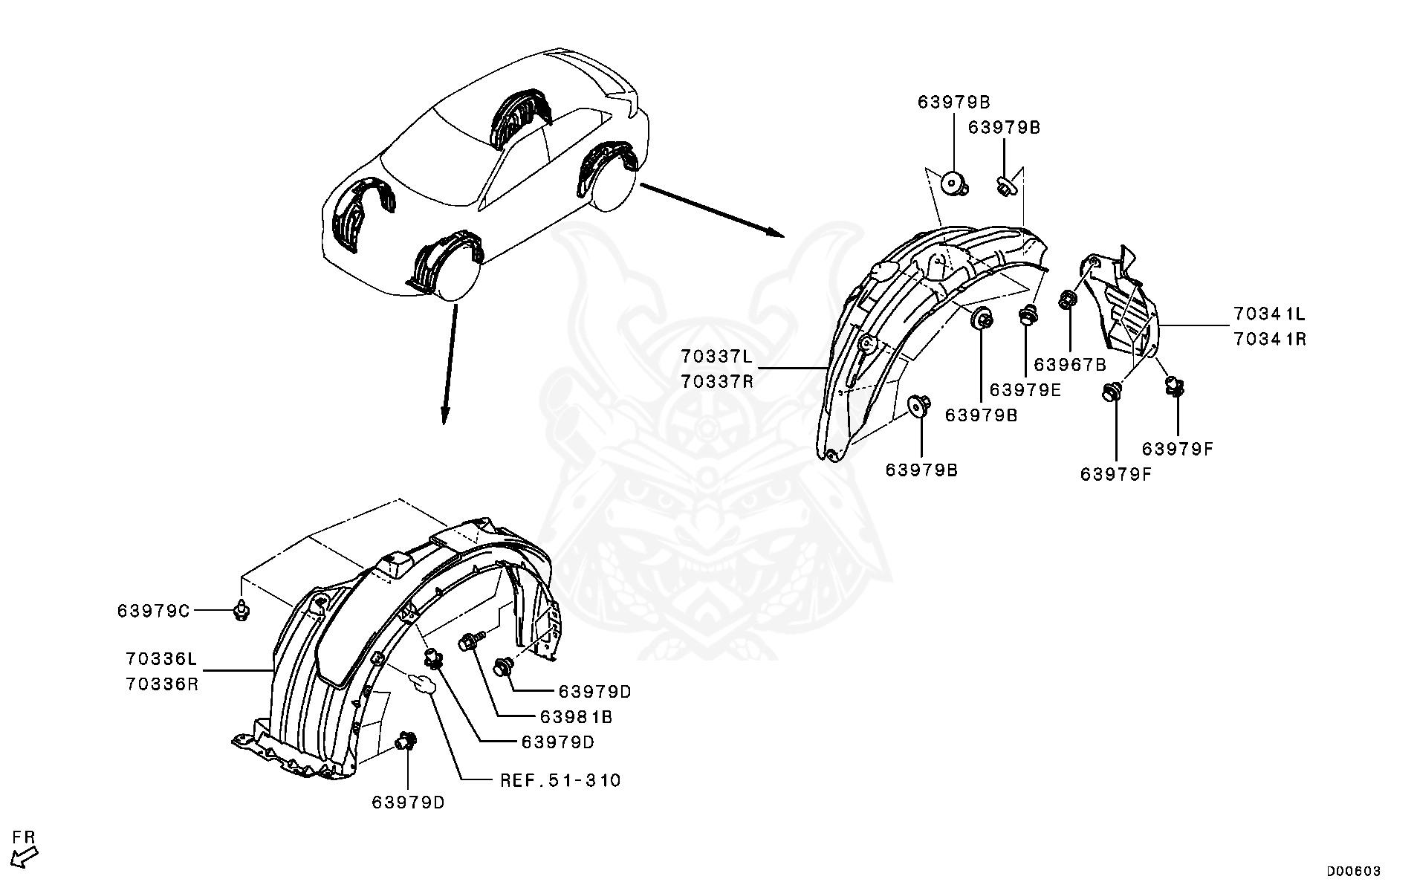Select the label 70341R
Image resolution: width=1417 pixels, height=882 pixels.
(1270, 339)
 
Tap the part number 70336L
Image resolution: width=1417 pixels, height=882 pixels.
(162, 658)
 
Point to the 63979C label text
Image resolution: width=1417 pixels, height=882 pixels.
(154, 611)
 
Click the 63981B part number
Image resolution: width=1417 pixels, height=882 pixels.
(576, 717)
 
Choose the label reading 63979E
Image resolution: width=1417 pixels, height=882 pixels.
(1025, 389)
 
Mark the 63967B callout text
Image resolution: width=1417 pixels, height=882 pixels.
(1070, 365)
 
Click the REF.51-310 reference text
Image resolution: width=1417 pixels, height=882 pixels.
(560, 780)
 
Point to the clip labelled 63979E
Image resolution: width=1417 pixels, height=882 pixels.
(1028, 315)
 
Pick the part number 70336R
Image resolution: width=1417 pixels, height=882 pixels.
(162, 684)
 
